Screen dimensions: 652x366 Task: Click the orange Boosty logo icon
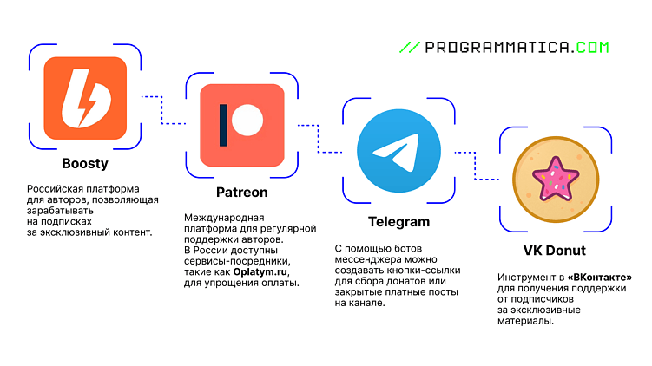click(85, 98)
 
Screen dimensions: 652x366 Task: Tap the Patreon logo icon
click(242, 126)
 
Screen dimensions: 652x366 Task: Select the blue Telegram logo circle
click(398, 151)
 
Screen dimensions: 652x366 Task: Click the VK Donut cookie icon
click(556, 180)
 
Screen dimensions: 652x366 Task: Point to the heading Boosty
click(85, 164)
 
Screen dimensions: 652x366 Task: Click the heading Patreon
click(242, 193)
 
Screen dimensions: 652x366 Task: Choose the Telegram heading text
click(398, 222)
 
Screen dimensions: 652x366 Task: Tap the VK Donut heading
click(554, 251)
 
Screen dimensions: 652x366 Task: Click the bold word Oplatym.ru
click(260, 272)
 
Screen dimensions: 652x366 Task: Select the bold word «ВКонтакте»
click(600, 277)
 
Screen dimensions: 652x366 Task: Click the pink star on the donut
click(556, 179)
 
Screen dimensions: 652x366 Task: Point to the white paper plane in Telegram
click(396, 152)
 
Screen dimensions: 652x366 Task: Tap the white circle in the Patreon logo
click(247, 120)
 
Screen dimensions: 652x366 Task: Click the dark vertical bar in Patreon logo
click(223, 126)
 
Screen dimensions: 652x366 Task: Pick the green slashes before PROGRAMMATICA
click(410, 48)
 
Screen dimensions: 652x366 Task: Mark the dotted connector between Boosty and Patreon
click(163, 110)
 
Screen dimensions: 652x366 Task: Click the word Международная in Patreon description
click(224, 218)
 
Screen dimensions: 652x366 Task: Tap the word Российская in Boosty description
click(55, 189)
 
